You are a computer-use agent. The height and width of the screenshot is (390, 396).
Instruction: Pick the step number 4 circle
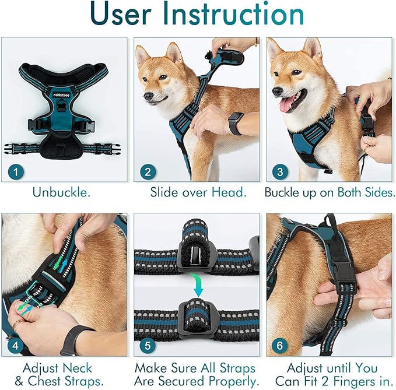pos(16,345)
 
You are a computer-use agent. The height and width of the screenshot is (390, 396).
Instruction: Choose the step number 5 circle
pos(148,345)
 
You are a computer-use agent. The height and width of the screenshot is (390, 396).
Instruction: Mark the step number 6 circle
pos(280,345)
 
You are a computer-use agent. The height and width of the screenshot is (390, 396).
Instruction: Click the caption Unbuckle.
pos(61,192)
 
